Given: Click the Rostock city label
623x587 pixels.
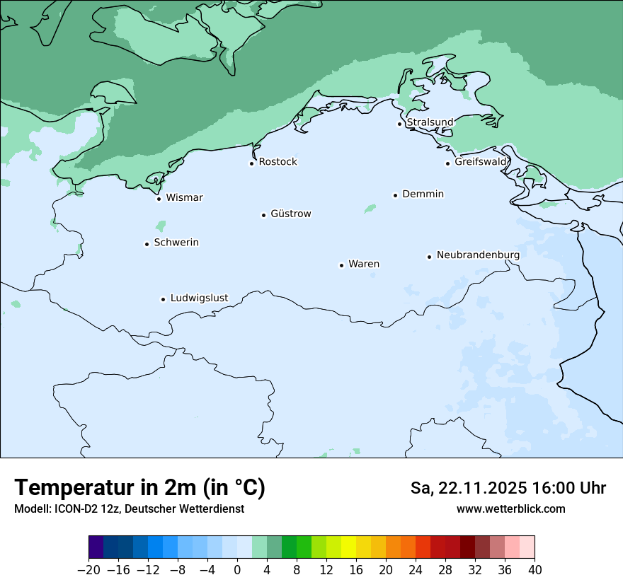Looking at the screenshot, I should (278, 162).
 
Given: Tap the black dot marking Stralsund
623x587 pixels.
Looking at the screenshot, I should (399, 124).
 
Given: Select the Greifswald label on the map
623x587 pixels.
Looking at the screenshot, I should (481, 162).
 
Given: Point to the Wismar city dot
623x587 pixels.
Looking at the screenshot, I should (159, 199).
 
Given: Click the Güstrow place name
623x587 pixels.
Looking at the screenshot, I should (290, 214).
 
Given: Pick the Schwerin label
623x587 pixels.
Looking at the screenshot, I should (176, 243).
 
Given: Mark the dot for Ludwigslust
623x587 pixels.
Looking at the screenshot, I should (163, 299).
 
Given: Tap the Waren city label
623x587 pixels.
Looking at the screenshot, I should (363, 264).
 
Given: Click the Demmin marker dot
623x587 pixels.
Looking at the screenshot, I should (395, 195).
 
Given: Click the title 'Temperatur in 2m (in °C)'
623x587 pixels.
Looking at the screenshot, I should (139, 488).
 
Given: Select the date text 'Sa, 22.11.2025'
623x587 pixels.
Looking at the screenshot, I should (468, 488).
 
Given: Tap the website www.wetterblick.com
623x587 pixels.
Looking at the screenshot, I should (510, 508).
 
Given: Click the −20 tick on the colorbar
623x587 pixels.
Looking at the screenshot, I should (89, 570).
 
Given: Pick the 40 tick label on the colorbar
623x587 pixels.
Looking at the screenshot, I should (535, 570).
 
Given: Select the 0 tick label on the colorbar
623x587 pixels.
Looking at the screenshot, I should (237, 570).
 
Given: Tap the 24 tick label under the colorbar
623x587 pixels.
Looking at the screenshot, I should (416, 570).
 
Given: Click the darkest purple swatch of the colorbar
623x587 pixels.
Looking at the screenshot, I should (96, 547).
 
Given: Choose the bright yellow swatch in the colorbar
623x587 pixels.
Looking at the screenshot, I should (348, 547).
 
